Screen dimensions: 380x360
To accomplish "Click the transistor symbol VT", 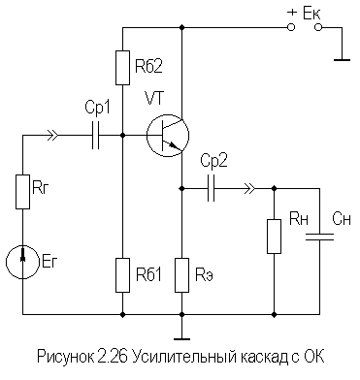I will (166, 135).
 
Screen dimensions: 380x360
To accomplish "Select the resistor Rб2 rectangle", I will (123, 68).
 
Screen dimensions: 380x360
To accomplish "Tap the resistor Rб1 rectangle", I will (123, 274).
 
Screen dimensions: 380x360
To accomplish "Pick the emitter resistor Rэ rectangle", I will (180, 274).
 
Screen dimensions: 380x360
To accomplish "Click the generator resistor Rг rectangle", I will (21, 190).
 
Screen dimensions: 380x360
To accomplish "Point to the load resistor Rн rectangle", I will (275, 237).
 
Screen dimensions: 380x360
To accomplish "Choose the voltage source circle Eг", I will (21, 259).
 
